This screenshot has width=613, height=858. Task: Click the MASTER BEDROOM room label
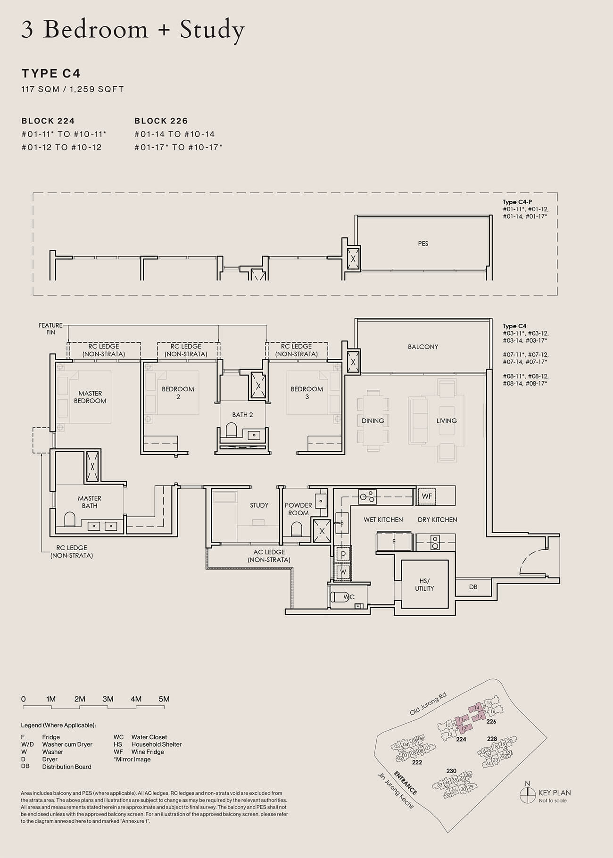pyautogui.click(x=90, y=397)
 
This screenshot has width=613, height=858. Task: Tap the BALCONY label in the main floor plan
pyautogui.click(x=423, y=346)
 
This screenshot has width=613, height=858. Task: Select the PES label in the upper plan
pyautogui.click(x=423, y=244)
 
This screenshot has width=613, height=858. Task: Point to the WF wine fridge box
pyautogui.click(x=427, y=496)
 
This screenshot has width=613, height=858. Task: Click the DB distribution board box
pyautogui.click(x=473, y=587)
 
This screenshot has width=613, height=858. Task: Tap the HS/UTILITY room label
pyautogui.click(x=424, y=585)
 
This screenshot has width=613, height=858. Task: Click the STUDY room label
pyautogui.click(x=259, y=505)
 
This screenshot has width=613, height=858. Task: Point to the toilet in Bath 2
pyautogui.click(x=231, y=429)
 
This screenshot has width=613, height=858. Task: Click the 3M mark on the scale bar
pyautogui.click(x=108, y=699)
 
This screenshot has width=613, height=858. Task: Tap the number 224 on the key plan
pyautogui.click(x=461, y=739)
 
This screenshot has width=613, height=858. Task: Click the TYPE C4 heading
pyautogui.click(x=51, y=74)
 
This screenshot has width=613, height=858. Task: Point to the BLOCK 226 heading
pyautogui.click(x=161, y=121)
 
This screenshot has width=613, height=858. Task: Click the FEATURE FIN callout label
pyautogui.click(x=50, y=329)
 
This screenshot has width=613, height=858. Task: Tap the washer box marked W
pyautogui.click(x=343, y=572)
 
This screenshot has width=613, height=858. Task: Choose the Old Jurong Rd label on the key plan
pyautogui.click(x=428, y=704)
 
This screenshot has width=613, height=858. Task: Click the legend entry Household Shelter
pyautogui.click(x=156, y=744)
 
